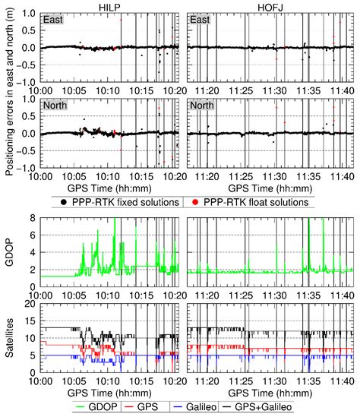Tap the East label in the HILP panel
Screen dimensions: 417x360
tap(56, 18)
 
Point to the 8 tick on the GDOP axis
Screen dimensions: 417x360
tap(34, 218)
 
